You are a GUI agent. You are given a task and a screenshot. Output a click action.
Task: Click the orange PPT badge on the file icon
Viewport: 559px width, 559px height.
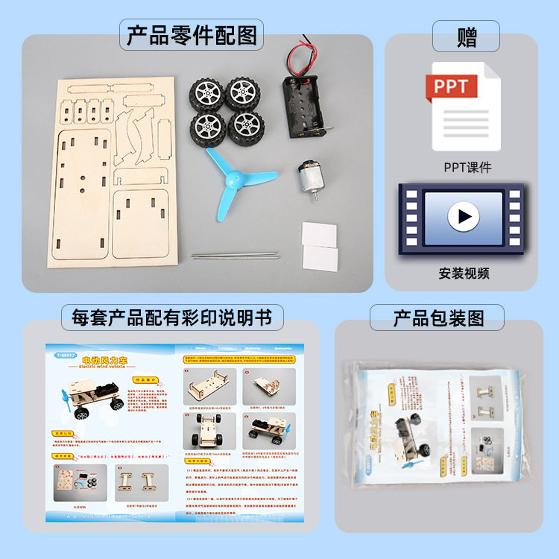pos(452,86)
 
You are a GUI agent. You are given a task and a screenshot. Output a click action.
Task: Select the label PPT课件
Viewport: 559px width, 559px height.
pos(467,167)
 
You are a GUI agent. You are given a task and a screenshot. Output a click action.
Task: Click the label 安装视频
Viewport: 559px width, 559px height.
pos(464,273)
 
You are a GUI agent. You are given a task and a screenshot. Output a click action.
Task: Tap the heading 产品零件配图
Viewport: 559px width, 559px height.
pos(192,35)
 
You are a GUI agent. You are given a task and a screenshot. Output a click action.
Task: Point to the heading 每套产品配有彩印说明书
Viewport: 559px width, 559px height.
pos(172,318)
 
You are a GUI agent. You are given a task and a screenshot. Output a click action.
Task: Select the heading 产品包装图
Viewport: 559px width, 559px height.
pos(438,318)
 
